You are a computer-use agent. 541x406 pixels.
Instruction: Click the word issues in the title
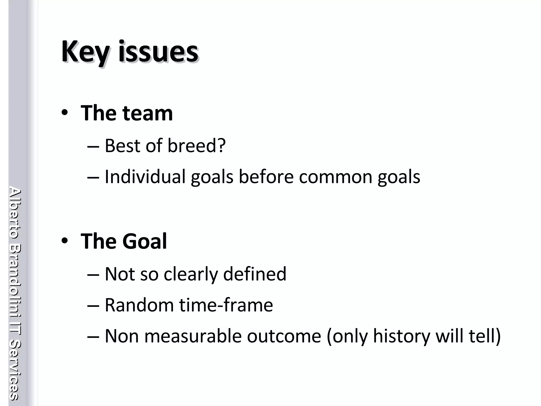(x=158, y=52)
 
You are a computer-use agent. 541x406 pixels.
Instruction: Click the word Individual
(x=145, y=176)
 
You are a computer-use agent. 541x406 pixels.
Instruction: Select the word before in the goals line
(x=266, y=176)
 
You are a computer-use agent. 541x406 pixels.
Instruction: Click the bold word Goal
(x=144, y=241)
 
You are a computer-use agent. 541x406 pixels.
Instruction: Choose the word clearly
(x=190, y=274)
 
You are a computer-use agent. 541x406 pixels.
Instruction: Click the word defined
(x=255, y=274)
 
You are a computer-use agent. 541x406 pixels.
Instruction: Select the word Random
(x=139, y=305)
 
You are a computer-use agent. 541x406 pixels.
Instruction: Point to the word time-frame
(x=226, y=305)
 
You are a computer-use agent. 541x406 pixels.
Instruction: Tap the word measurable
(x=193, y=336)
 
